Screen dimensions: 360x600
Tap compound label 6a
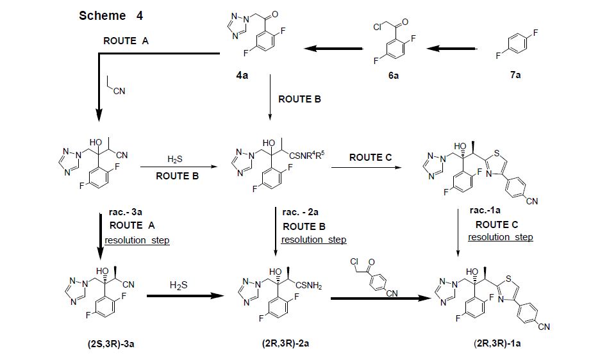click(x=392, y=76)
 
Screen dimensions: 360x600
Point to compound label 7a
click(x=515, y=76)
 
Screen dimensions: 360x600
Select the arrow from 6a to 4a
click(x=333, y=48)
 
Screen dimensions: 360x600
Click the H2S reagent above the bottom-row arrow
click(x=178, y=284)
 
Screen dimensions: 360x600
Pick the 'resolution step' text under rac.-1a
click(x=500, y=237)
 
